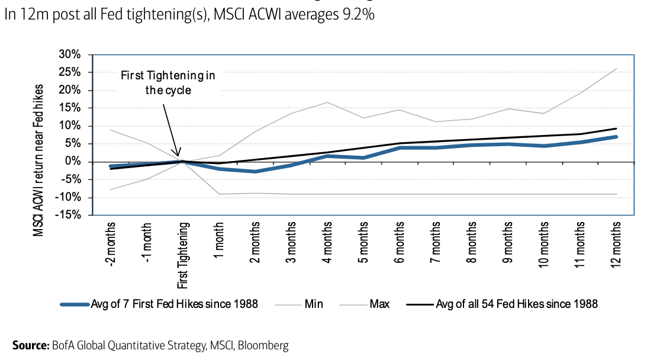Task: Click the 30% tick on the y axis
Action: tap(75, 54)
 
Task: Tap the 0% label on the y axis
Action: tap(79, 162)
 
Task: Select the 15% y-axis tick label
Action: tap(75, 108)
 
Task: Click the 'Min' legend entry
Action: tap(313, 304)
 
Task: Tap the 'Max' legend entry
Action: tap(379, 304)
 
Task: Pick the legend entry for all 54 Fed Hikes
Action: tap(516, 304)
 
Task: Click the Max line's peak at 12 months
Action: tap(616, 68)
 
